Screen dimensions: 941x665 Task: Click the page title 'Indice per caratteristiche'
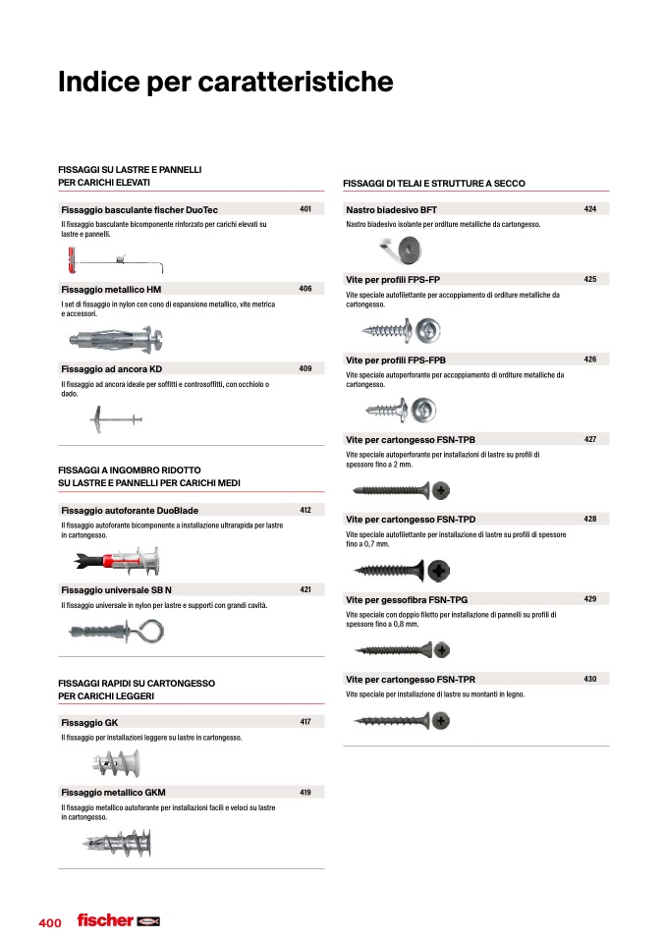pos(225,83)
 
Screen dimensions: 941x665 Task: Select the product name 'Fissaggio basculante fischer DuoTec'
pos(139,210)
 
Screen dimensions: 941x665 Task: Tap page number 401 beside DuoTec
pos(305,209)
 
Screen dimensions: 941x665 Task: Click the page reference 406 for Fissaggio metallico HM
pos(305,289)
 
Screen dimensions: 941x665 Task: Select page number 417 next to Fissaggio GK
pos(305,722)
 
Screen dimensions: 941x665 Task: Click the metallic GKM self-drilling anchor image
pos(117,843)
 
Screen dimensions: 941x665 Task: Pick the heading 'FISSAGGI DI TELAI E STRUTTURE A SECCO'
pos(434,184)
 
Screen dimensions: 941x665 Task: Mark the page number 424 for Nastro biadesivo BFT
pos(590,209)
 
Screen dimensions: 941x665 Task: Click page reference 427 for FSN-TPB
pos(590,439)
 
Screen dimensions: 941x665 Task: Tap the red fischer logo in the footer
pos(105,920)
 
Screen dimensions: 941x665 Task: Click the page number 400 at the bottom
pos(50,923)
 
